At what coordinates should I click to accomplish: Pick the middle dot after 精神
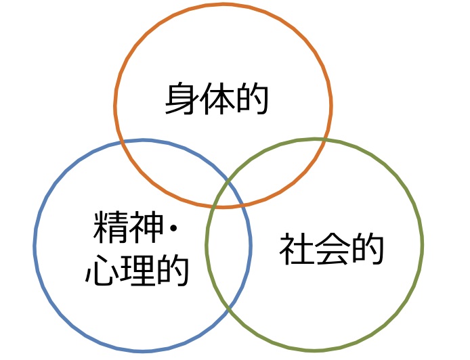click(x=171, y=230)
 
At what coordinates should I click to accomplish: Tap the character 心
click(x=102, y=269)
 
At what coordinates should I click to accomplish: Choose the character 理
click(x=136, y=269)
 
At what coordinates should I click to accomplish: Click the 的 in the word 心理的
click(x=171, y=269)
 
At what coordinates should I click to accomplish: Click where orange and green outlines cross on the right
click(x=326, y=141)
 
